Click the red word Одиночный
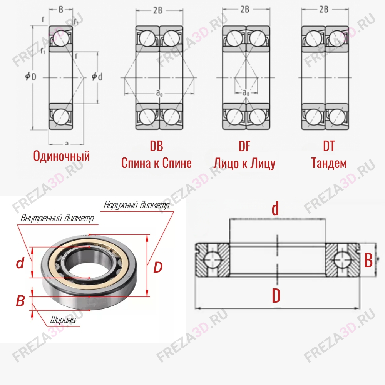pos(61,156)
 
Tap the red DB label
pos(156,146)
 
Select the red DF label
pos(244,146)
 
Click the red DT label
pos(329,146)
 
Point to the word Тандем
pos(329,163)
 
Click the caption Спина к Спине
pos(156,163)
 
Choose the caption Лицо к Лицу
pos(244,163)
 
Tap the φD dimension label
pos(31,77)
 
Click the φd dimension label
pos(97,77)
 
